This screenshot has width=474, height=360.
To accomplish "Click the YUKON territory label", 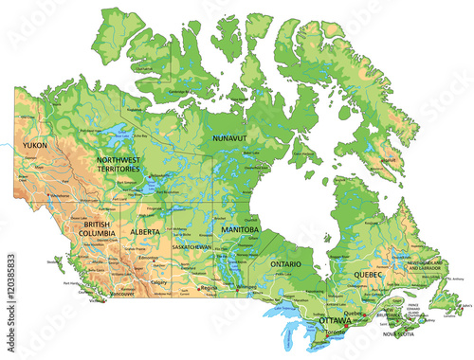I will click(x=35, y=145).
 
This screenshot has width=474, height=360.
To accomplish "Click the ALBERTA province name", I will click(x=145, y=231).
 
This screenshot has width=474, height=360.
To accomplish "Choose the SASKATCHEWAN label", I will click(x=191, y=246).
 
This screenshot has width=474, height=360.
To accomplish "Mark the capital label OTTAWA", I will click(x=335, y=320).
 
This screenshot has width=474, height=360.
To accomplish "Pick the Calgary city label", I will click(x=159, y=281).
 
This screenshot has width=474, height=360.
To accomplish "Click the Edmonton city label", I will click(x=148, y=258).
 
